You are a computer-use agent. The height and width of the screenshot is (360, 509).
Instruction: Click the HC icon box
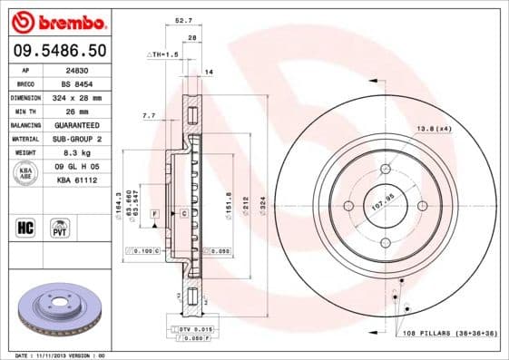(x=26, y=226)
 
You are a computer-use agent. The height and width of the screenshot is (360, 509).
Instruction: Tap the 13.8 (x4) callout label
(x=435, y=129)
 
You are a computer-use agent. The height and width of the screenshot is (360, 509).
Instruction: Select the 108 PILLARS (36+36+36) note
(x=452, y=333)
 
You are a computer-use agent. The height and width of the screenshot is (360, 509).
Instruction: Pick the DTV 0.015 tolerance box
(x=195, y=327)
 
